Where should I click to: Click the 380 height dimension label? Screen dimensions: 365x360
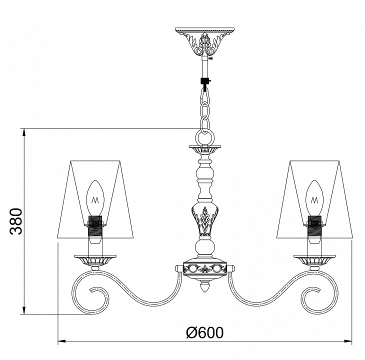16,221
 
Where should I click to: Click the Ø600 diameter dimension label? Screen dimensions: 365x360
205,332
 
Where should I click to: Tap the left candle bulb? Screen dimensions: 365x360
95,198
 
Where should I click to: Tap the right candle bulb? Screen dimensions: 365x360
314,198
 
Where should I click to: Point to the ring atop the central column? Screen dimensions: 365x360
204,137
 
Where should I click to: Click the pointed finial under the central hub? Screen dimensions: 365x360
204,286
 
